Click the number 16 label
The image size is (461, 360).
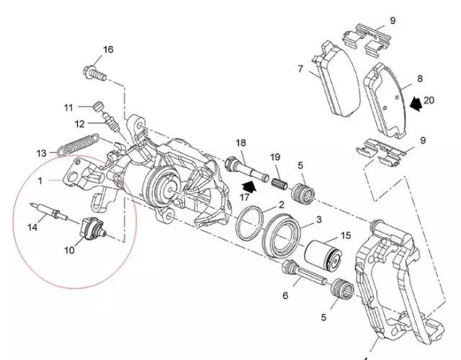[108, 50]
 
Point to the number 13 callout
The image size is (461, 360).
[42, 153]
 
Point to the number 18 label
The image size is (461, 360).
[241, 143]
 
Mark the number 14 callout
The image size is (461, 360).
[32, 228]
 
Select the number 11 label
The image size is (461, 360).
[68, 108]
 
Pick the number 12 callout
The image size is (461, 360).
[79, 123]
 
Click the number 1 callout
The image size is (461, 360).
[42, 180]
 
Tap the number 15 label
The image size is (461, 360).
[345, 235]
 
